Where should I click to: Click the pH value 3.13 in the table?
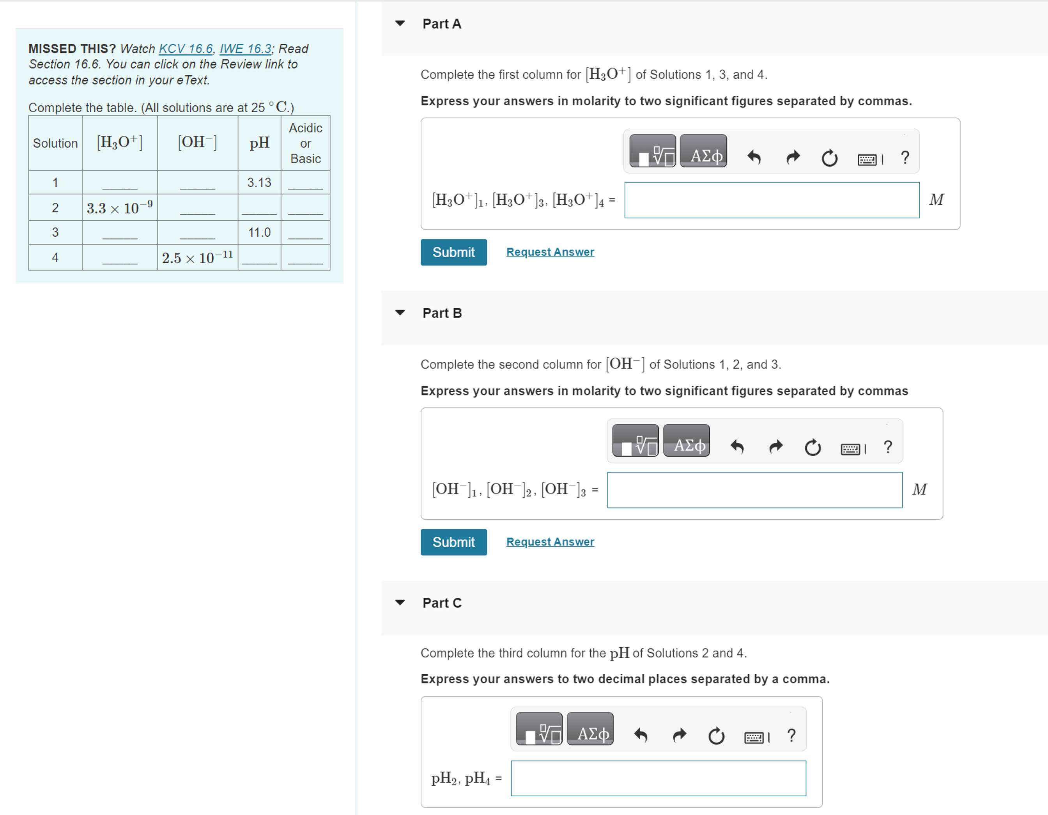[x=259, y=182]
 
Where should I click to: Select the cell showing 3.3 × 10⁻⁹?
[x=119, y=208]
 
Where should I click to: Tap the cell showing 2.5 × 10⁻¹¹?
[x=197, y=258]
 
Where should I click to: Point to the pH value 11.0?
[x=259, y=232]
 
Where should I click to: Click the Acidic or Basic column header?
[x=305, y=143]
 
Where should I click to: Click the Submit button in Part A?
[x=453, y=252]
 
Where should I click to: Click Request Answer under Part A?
[x=550, y=252]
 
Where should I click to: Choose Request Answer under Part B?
[x=550, y=542]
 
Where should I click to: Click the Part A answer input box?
[x=772, y=200]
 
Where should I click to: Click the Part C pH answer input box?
[x=658, y=778]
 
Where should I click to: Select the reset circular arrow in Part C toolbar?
[x=716, y=736]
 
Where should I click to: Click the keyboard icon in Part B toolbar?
[x=850, y=449]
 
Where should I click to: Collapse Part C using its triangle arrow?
[x=400, y=602]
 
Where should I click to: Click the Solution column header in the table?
[x=55, y=143]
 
